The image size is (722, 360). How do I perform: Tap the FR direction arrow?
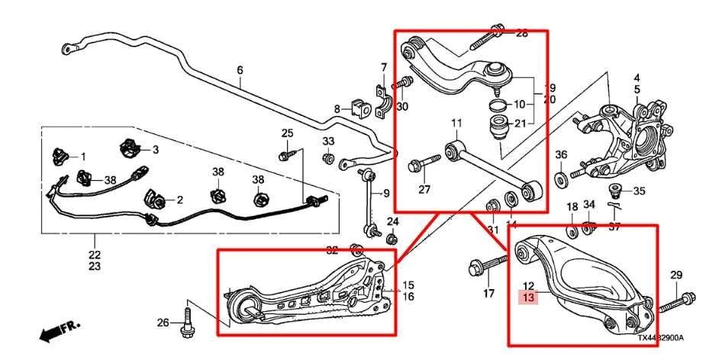tap(58, 330)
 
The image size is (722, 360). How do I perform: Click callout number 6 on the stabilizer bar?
tap(240, 70)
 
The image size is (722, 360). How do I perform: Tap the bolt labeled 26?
tap(186, 323)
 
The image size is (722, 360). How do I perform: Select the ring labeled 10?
tap(496, 104)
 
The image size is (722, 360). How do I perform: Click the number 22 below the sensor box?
tap(94, 255)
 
